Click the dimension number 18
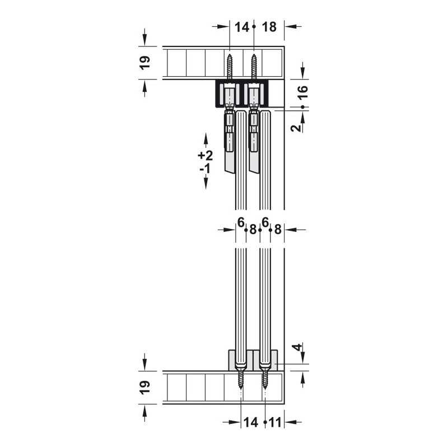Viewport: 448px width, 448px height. pyautogui.click(x=269, y=27)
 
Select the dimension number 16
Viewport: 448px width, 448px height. pyautogui.click(x=303, y=92)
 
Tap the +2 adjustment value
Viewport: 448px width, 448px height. pyautogui.click(x=206, y=156)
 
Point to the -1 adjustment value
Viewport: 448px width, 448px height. pyautogui.click(x=205, y=169)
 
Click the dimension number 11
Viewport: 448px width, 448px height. pyautogui.click(x=276, y=422)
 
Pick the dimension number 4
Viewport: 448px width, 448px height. pyautogui.click(x=298, y=347)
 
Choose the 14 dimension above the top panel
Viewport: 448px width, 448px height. pyautogui.click(x=242, y=27)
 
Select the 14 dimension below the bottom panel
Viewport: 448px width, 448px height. pyautogui.click(x=250, y=422)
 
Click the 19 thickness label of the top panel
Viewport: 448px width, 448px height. pyautogui.click(x=145, y=63)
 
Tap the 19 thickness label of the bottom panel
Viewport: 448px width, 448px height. pyautogui.click(x=145, y=388)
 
